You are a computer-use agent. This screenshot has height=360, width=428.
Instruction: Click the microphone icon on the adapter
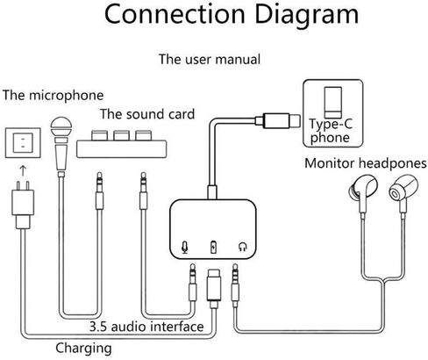tap(184, 248)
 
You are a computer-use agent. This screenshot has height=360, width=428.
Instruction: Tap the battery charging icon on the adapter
tap(214, 247)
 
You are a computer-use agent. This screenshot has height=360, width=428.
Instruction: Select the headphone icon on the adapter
tap(243, 247)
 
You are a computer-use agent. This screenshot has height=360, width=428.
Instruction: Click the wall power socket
tap(23, 143)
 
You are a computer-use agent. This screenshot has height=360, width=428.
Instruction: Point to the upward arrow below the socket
tap(23, 170)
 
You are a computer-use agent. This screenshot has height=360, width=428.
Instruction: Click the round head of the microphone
tap(61, 127)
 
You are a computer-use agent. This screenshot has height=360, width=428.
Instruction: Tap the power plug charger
tap(23, 205)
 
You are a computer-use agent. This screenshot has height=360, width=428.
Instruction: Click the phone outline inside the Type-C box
tap(333, 103)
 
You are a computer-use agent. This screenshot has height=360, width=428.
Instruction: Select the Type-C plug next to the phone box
tap(278, 120)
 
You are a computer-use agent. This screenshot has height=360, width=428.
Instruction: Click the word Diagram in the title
tap(306, 14)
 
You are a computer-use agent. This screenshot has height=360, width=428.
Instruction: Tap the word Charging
tap(83, 349)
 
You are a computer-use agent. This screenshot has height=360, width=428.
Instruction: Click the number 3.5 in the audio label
tap(99, 327)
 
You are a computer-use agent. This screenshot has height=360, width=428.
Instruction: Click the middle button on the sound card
tap(122, 135)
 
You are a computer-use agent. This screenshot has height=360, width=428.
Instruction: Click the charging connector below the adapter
tap(214, 288)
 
